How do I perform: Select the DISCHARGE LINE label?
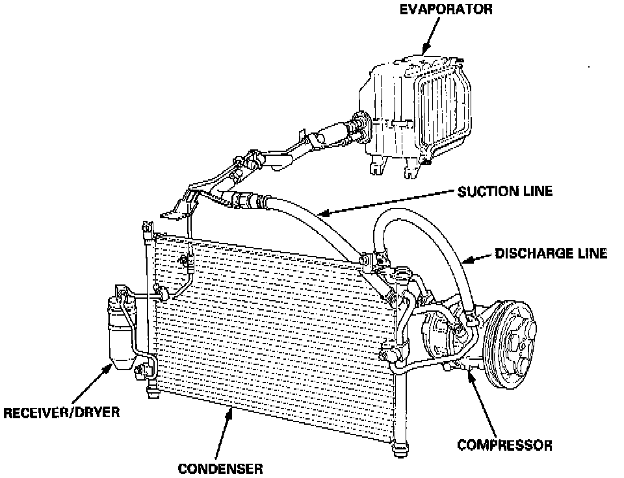tap(551, 253)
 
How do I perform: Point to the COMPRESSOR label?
tap(505, 446)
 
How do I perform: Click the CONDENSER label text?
tap(220, 468)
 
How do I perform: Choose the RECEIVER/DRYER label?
tap(62, 412)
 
